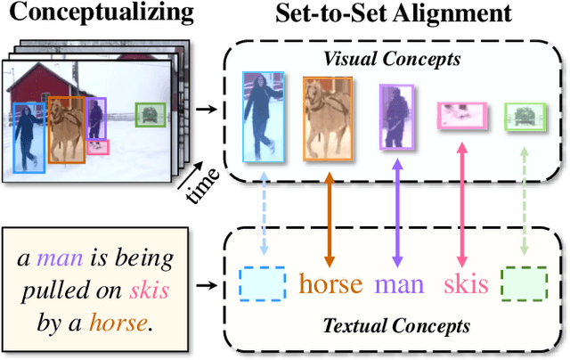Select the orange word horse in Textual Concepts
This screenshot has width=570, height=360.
tap(330, 284)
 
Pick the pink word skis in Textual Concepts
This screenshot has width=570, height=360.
tap(466, 284)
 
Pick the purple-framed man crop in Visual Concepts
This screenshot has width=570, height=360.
tap(395, 117)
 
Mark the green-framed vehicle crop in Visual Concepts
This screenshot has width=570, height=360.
tap(523, 116)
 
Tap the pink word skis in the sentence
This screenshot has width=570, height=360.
tap(147, 291)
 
